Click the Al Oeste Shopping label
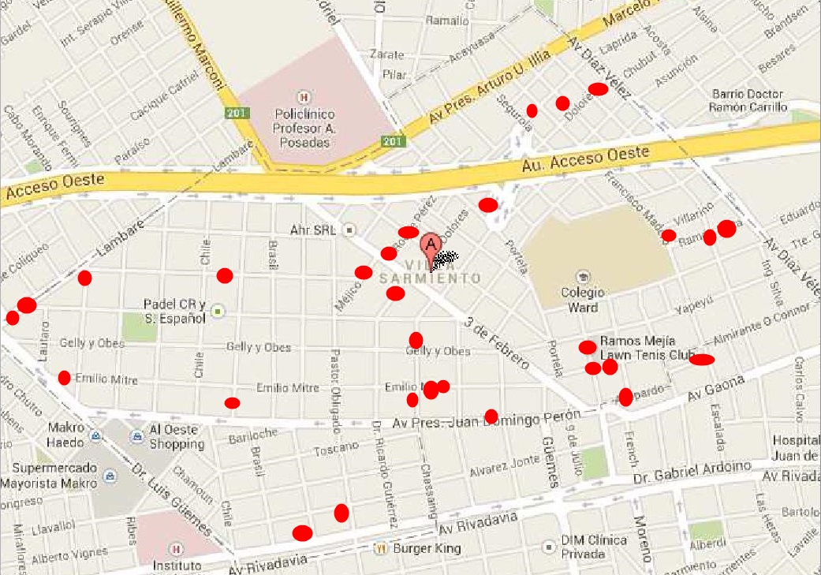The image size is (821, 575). pyautogui.click(x=177, y=438)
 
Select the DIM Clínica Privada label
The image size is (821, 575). pyautogui.click(x=594, y=547)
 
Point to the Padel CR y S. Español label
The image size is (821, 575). pyautogui.click(x=174, y=311)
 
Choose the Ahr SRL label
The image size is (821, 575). pyautogui.click(x=313, y=230)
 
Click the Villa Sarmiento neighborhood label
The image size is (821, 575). pyautogui.click(x=430, y=271)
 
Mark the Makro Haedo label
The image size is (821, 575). pyautogui.click(x=65, y=436)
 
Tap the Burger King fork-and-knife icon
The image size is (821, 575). pyautogui.click(x=381, y=548)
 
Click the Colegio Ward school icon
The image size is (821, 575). pyautogui.click(x=583, y=276)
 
